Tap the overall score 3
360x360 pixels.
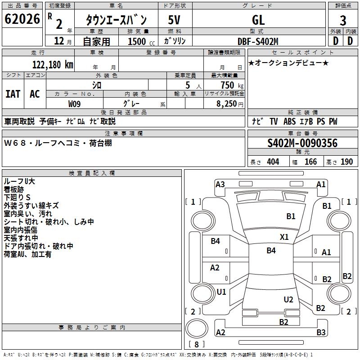tap(343, 21)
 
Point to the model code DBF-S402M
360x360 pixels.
tap(258, 41)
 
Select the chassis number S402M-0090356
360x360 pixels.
tap(302, 144)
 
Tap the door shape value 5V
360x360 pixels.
tap(175, 20)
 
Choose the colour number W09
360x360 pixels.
tap(75, 104)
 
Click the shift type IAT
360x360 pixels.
tap(13, 94)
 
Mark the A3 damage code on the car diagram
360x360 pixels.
tap(220, 184)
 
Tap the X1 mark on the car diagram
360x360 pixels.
tap(284, 237)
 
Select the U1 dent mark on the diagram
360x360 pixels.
tap(221, 292)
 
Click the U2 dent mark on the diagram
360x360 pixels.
tap(288, 299)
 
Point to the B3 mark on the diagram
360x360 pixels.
tap(321, 333)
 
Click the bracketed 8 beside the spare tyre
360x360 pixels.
tap(196, 344)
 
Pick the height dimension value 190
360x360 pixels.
tap(346, 162)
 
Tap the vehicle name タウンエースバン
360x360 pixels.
tap(117, 20)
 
